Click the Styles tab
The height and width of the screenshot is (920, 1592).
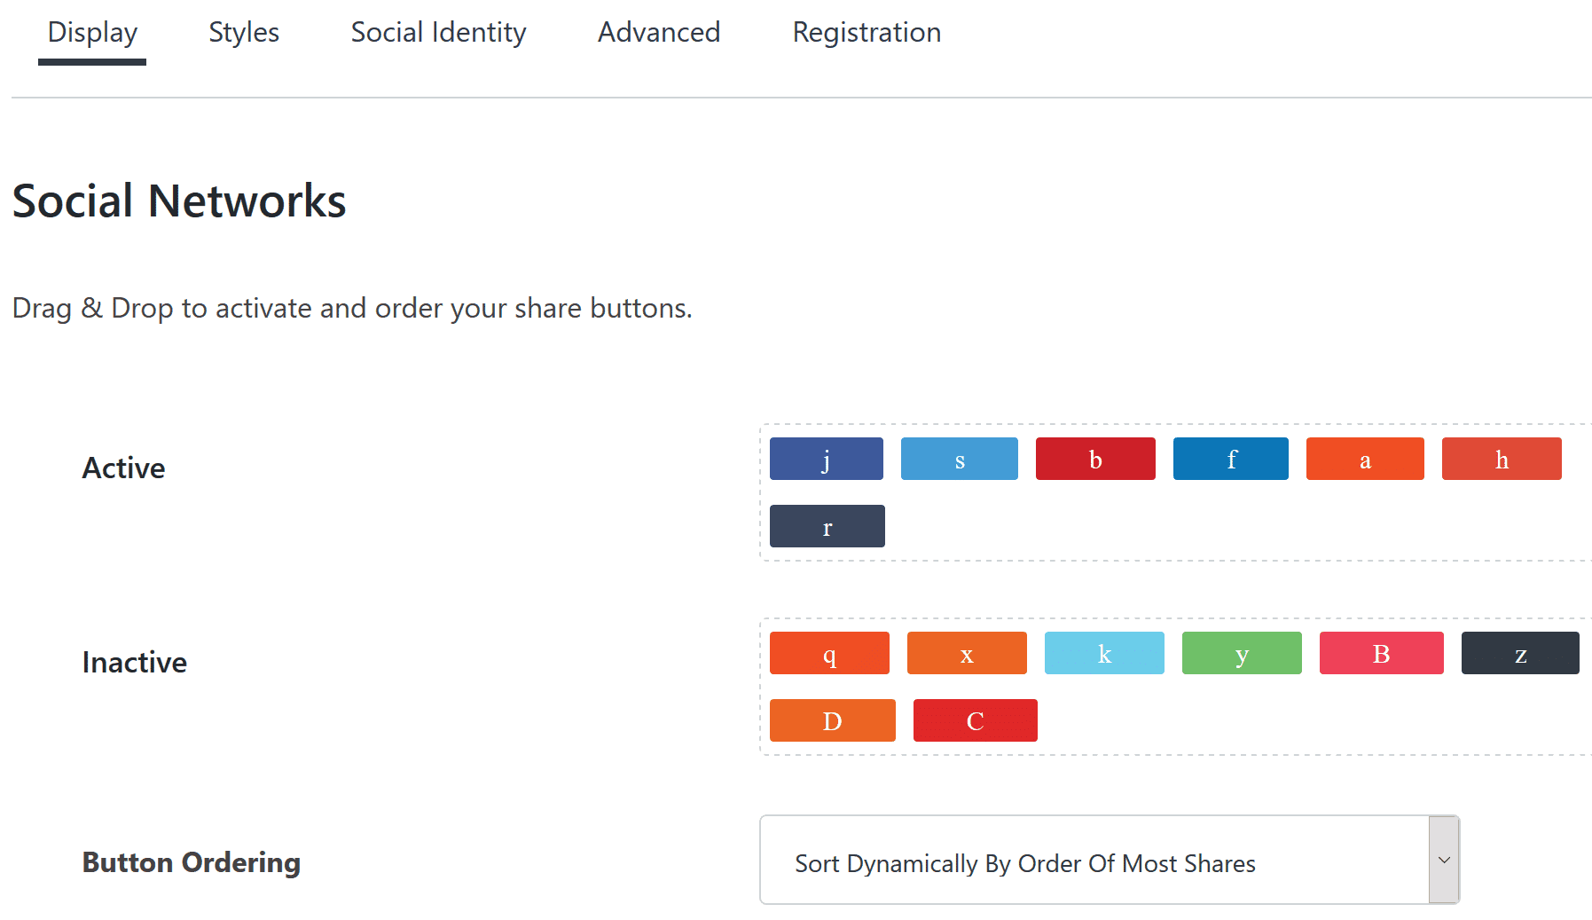point(244,33)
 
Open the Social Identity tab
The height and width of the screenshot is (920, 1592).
point(438,33)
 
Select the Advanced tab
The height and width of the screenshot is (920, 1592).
point(659,33)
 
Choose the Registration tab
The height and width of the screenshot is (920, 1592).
point(867,33)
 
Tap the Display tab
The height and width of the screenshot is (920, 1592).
point(92,33)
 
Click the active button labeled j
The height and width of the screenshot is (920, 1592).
point(827,459)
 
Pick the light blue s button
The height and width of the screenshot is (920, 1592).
point(960,459)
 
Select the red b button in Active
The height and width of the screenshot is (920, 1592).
point(1095,459)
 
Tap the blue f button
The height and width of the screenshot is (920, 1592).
point(1231,459)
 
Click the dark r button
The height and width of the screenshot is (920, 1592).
point(827,526)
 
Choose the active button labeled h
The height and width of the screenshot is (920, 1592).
point(1502,459)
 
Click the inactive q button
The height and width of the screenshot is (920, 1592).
point(829,653)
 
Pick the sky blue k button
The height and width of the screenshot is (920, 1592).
point(1104,653)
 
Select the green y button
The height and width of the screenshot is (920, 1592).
point(1242,653)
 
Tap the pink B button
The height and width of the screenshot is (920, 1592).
point(1382,653)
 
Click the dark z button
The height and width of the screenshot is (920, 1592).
point(1520,653)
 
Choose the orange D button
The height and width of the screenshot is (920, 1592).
point(833,720)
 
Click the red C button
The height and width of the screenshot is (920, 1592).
point(976,720)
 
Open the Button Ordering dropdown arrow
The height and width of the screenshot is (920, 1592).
point(1444,860)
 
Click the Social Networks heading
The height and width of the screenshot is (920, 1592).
point(179,201)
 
